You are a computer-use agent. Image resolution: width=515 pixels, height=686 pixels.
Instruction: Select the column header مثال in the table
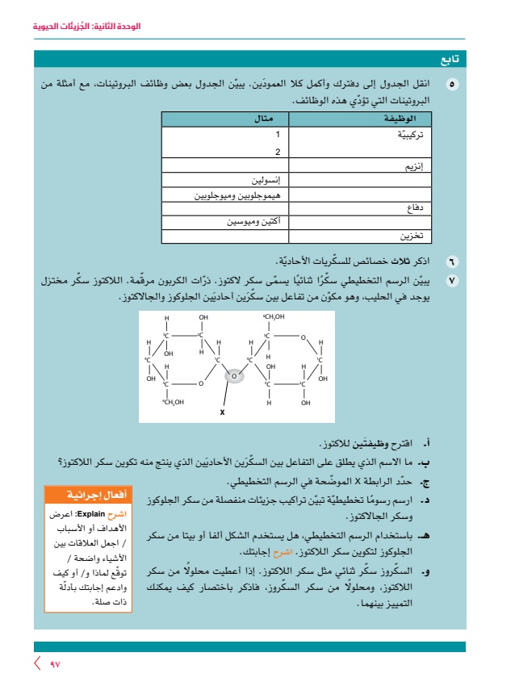click(x=265, y=119)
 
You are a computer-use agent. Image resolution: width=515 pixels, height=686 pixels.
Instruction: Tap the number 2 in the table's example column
click(x=278, y=151)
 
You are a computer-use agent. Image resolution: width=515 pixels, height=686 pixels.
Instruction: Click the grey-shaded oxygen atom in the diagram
click(x=234, y=375)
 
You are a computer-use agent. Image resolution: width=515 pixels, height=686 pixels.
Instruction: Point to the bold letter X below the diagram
click(x=222, y=412)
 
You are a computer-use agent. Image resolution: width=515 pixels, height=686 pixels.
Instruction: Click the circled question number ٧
click(x=451, y=279)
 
